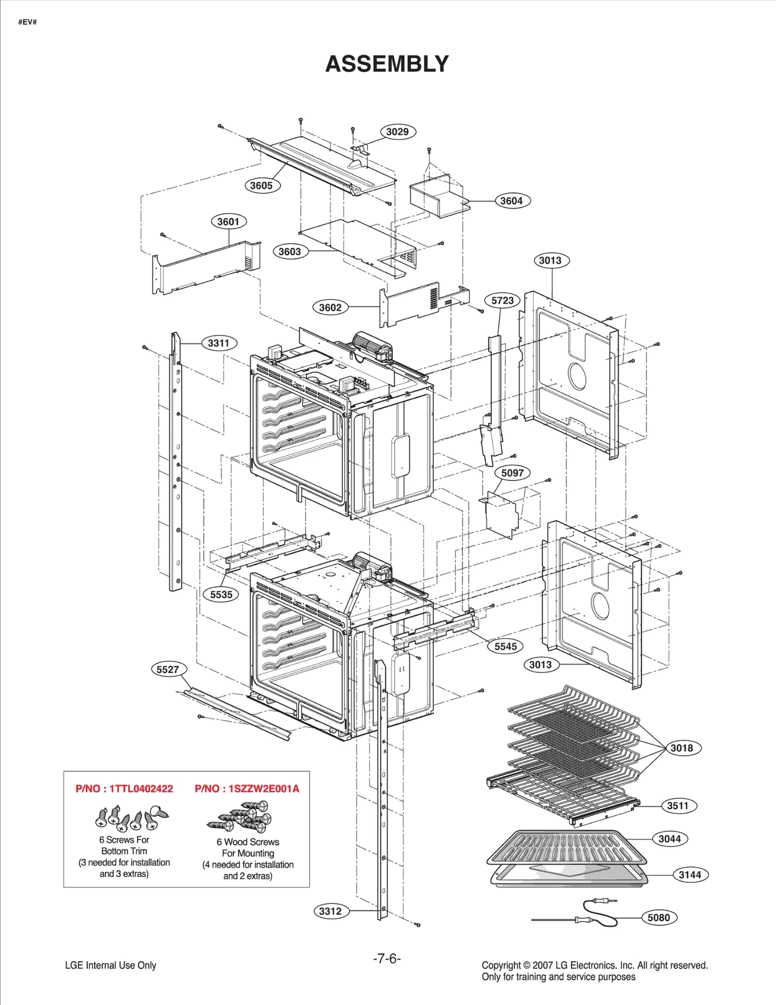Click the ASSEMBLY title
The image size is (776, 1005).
coord(387,64)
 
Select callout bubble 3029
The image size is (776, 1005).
coord(397,132)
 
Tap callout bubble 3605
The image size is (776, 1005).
coord(261,185)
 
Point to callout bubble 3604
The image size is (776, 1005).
coord(512,201)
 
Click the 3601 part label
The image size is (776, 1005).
coord(228,222)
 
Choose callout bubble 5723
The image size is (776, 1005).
coord(502,301)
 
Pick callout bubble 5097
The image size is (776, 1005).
coord(512,473)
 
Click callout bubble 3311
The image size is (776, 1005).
coord(219,343)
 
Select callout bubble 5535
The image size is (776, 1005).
coord(221,594)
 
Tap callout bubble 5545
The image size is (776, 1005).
coord(505,646)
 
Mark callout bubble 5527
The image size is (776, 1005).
coord(168,670)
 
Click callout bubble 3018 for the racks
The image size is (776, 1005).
coord(682,748)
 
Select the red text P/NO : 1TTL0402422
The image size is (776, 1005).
coord(124,789)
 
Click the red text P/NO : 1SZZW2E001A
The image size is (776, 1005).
coord(247,789)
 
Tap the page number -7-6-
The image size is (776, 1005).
coord(387,958)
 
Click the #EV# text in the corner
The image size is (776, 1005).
coord(28,22)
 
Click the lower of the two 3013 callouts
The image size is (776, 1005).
coord(540,665)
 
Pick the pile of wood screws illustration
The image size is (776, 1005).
coord(242,817)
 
